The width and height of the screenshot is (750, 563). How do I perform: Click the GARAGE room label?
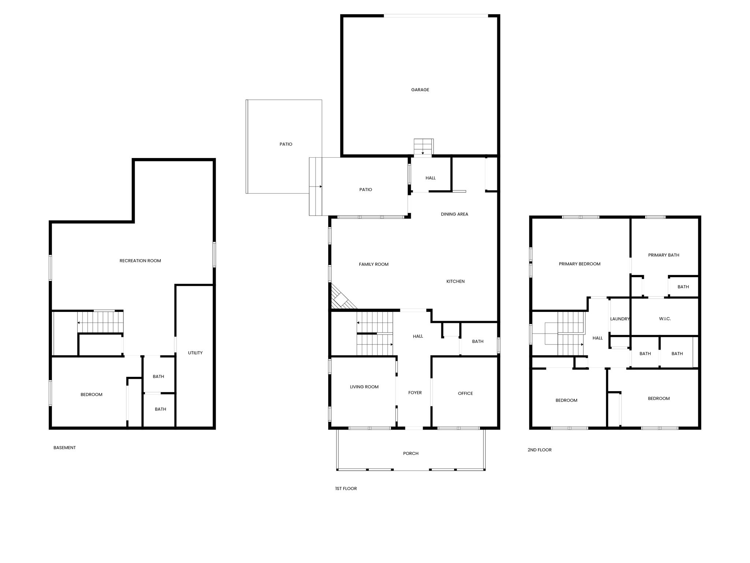(x=420, y=90)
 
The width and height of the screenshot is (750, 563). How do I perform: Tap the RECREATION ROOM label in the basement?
(x=140, y=261)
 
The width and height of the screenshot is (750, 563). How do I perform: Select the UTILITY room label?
(x=195, y=353)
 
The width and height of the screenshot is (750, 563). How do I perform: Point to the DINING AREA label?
(x=454, y=214)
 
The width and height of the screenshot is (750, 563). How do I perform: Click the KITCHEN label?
(x=456, y=281)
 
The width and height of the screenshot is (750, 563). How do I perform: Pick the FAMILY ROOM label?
(x=374, y=264)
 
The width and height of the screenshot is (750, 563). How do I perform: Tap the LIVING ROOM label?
(x=364, y=387)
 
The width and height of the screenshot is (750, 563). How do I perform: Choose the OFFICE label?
(x=465, y=394)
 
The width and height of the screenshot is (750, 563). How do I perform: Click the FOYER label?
(x=415, y=393)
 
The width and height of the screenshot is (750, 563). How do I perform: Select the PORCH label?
(x=411, y=454)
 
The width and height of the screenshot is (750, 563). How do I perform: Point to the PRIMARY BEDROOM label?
(x=580, y=264)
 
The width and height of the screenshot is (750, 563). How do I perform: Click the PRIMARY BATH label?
(x=664, y=255)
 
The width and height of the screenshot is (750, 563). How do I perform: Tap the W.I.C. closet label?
(x=665, y=319)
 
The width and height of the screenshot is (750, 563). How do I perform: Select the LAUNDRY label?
(x=620, y=319)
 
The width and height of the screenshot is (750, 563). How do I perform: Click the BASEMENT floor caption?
(x=64, y=448)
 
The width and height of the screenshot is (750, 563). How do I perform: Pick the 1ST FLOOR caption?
(x=346, y=489)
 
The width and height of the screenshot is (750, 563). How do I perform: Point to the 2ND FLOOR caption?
(x=539, y=450)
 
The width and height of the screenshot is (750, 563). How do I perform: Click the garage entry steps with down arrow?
(x=424, y=147)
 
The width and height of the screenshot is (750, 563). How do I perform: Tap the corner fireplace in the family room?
(x=341, y=298)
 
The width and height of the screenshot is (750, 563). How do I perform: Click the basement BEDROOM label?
(x=92, y=395)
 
